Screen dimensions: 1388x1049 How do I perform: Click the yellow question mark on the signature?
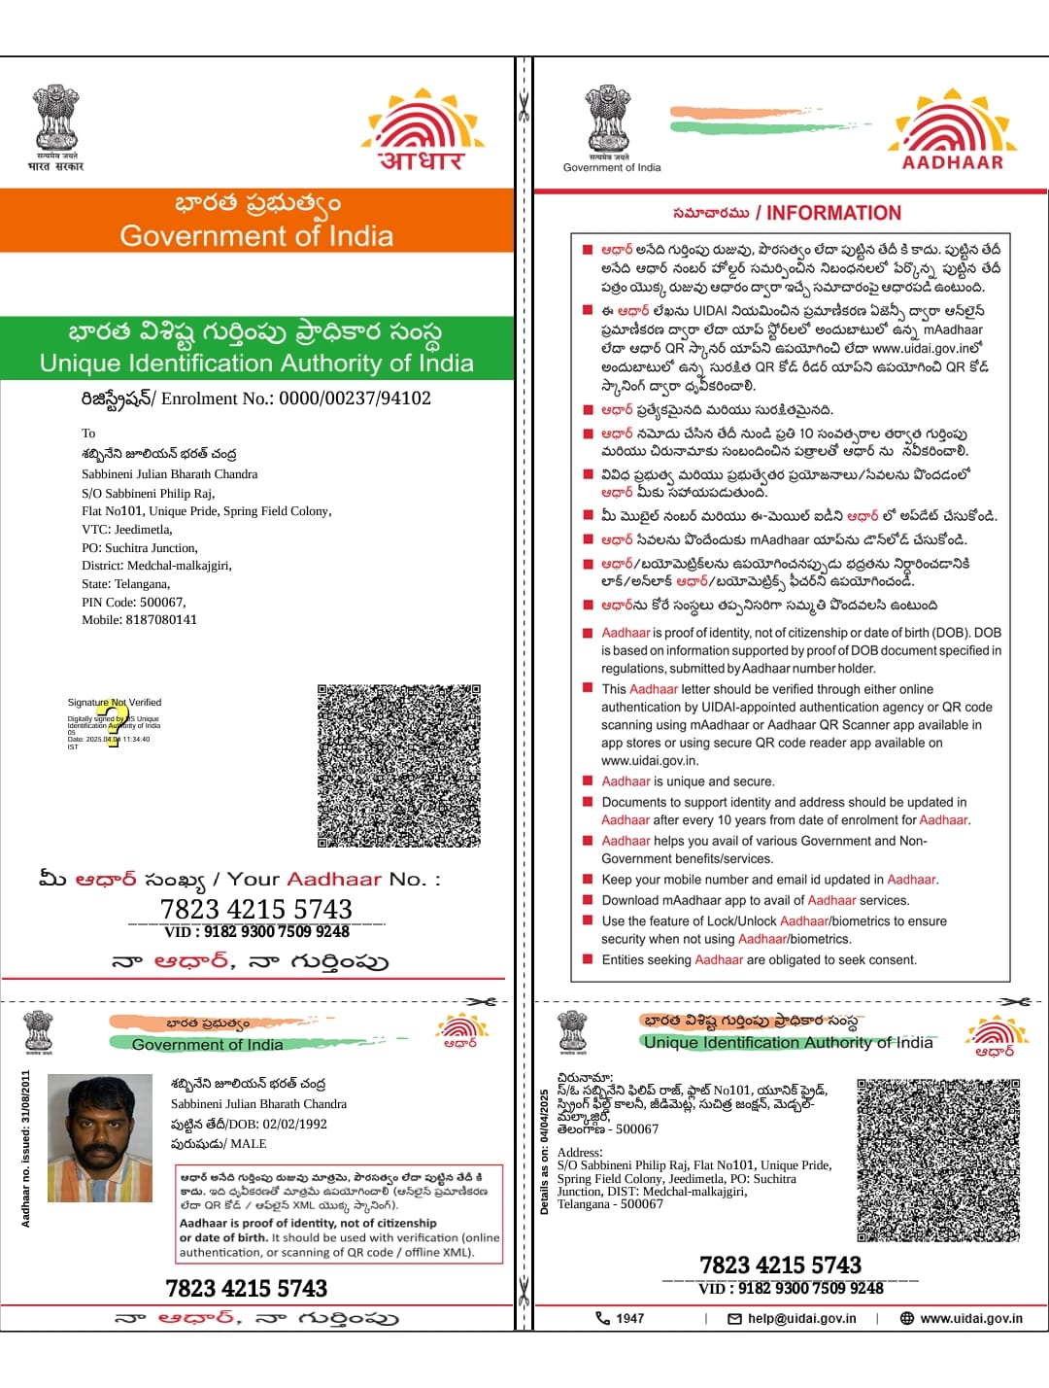115,723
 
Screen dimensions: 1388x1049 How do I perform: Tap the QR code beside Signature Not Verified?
399,766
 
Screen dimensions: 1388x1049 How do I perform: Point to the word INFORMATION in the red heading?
833,214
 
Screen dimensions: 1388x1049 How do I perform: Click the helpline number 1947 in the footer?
629,1319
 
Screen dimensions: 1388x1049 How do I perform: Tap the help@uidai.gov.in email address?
801,1319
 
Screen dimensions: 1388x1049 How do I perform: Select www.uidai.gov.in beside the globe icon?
970,1319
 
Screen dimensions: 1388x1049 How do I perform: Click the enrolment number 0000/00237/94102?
355,399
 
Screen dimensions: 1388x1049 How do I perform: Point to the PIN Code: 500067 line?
134,602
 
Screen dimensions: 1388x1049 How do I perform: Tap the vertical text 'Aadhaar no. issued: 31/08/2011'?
26,1149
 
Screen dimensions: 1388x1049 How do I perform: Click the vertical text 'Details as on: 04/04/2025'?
544,1152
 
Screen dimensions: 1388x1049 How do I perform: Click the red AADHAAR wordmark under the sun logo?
952,162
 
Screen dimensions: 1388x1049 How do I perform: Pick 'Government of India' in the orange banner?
256,236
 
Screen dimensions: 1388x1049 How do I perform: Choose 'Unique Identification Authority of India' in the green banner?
256,364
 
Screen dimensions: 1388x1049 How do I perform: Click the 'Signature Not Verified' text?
115,702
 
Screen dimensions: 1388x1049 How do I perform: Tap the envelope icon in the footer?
734,1319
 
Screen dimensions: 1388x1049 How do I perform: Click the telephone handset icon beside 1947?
602,1319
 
